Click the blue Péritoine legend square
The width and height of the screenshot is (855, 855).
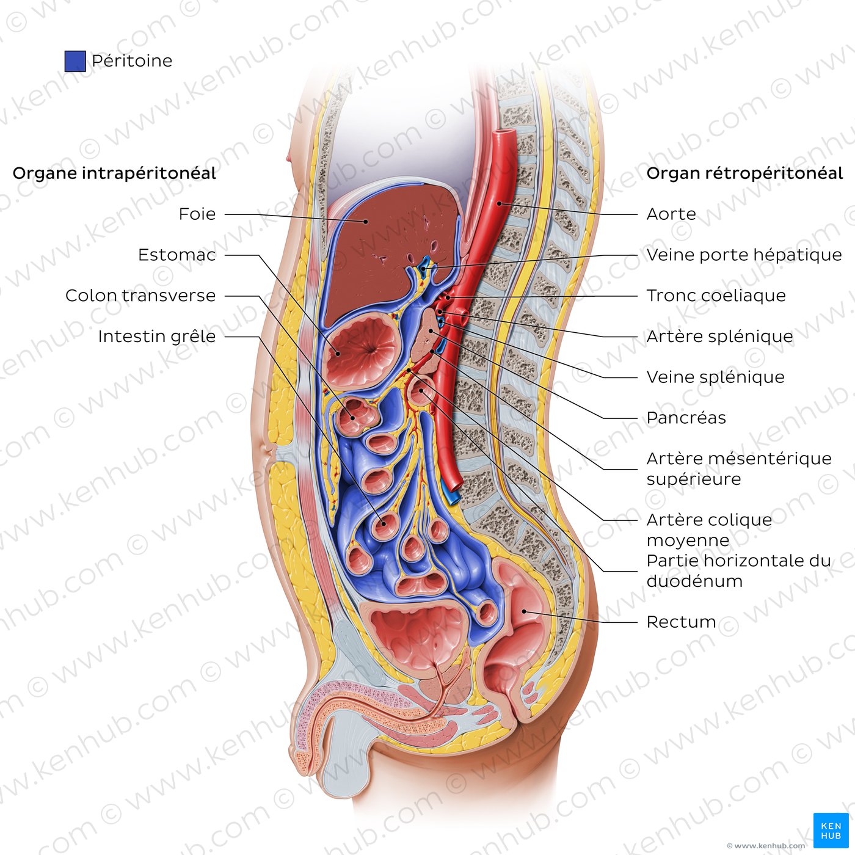pyautogui.click(x=75, y=61)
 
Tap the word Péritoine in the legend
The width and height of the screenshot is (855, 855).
pyautogui.click(x=132, y=61)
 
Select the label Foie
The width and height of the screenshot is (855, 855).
pyautogui.click(x=197, y=214)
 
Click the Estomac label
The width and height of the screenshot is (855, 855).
pyautogui.click(x=176, y=255)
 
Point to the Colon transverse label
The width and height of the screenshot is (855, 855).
pyautogui.click(x=140, y=296)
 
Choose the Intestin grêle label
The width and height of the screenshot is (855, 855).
pyautogui.click(x=156, y=337)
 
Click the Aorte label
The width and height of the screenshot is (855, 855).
pyautogui.click(x=671, y=214)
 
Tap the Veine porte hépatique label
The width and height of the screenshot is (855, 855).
pyautogui.click(x=744, y=255)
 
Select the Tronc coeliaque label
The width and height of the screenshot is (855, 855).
pyautogui.click(x=716, y=296)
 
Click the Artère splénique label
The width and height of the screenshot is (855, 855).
pyautogui.click(x=719, y=337)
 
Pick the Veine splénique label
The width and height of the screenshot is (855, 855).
pyautogui.click(x=715, y=377)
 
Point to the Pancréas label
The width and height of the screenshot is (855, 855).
pyautogui.click(x=686, y=418)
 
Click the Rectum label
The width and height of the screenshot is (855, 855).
pyautogui.click(x=681, y=622)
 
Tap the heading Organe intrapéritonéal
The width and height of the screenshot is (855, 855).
pyautogui.click(x=114, y=173)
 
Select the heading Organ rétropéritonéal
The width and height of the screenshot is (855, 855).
pyautogui.click(x=744, y=173)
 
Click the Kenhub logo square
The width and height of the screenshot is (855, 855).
pyautogui.click(x=831, y=830)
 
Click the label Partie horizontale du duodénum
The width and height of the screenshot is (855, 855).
pyautogui.click(x=738, y=570)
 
